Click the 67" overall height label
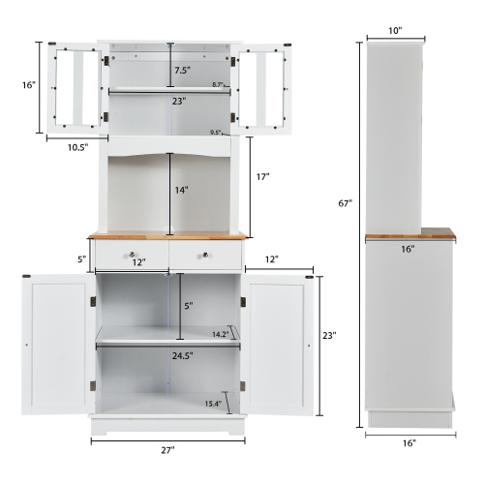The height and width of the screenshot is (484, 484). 346,204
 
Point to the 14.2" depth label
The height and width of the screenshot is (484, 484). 219,334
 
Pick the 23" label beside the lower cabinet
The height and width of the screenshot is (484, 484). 329,336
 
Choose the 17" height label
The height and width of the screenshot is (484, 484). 263,178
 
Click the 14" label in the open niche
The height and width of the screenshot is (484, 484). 180,192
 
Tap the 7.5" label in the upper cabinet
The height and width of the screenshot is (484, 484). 181,70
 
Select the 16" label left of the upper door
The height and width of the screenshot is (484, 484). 30,85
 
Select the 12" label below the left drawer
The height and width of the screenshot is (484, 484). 138,263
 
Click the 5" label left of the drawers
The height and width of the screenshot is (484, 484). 82,257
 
